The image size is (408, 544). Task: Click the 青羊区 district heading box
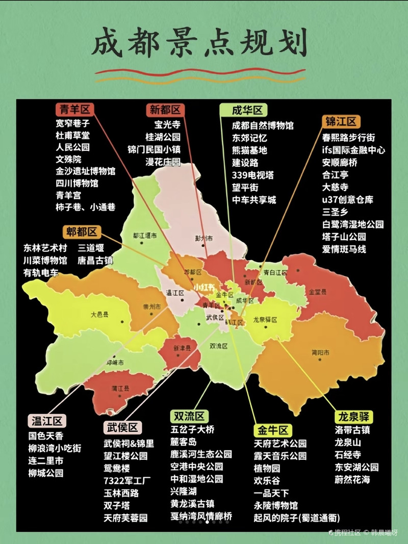(x=74, y=109)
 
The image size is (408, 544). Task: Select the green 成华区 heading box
(x=243, y=110)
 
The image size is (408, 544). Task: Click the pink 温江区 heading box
(x=47, y=421)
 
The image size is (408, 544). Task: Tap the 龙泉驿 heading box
(x=353, y=416)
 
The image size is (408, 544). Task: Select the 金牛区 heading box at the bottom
(x=273, y=429)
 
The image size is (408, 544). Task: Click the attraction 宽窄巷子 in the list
(x=73, y=123)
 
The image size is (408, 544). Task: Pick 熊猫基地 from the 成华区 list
(x=249, y=150)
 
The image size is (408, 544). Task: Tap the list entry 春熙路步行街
(x=348, y=138)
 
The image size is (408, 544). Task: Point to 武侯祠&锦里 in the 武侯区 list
(x=129, y=444)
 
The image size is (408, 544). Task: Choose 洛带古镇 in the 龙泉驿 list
(x=352, y=430)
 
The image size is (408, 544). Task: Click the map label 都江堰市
(x=144, y=236)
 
